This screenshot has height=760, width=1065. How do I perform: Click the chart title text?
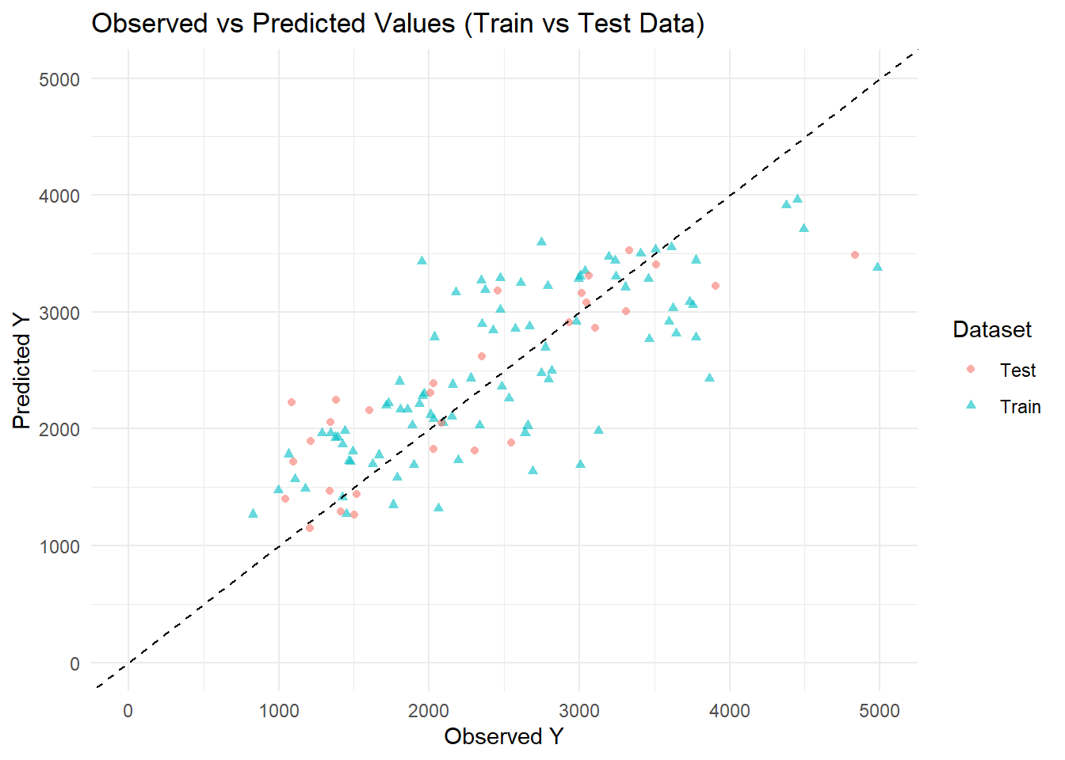pyautogui.click(x=398, y=24)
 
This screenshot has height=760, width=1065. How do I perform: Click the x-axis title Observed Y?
pyautogui.click(x=503, y=736)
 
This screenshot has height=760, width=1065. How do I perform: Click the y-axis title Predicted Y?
pyautogui.click(x=21, y=370)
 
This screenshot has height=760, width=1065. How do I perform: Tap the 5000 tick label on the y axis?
pyautogui.click(x=59, y=79)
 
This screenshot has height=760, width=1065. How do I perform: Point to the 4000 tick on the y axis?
pyautogui.click(x=59, y=196)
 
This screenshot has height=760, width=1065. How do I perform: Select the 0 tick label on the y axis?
pyautogui.click(x=74, y=663)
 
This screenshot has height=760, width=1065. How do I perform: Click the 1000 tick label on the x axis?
pyautogui.click(x=278, y=711)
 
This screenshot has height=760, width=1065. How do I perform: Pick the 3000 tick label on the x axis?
pyautogui.click(x=578, y=711)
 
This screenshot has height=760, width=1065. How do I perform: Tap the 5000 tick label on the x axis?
pyautogui.click(x=879, y=711)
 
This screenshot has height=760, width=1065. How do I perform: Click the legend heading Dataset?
pyautogui.click(x=992, y=329)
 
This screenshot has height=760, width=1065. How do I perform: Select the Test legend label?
pyautogui.click(x=1017, y=370)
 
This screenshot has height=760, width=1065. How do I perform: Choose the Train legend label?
pyautogui.click(x=1020, y=407)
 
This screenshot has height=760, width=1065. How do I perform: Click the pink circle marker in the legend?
pyautogui.click(x=971, y=370)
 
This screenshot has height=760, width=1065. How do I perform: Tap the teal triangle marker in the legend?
pyautogui.click(x=971, y=405)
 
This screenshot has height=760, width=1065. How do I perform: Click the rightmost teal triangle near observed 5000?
pyautogui.click(x=877, y=267)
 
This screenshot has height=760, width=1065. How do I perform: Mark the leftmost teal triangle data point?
pyautogui.click(x=253, y=514)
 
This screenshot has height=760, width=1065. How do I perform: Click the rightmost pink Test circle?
pyautogui.click(x=855, y=255)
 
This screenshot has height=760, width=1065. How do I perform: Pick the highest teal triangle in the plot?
pyautogui.click(x=797, y=199)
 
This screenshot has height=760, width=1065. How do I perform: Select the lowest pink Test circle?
pyautogui.click(x=310, y=528)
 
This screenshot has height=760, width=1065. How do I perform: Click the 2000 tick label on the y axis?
pyautogui.click(x=59, y=429)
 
